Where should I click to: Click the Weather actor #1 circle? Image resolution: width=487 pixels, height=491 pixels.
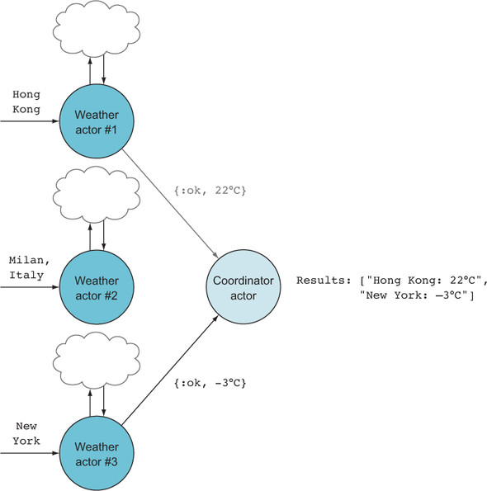(97, 121)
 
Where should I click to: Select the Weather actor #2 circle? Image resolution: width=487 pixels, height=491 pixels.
(97, 287)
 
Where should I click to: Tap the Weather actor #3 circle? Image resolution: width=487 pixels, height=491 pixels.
(97, 453)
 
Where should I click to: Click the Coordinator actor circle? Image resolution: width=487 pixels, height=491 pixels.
(243, 287)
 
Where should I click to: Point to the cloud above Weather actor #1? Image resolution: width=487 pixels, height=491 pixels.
(97, 29)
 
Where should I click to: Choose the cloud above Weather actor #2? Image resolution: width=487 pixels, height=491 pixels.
(97, 195)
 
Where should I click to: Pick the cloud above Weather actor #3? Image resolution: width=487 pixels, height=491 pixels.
(97, 361)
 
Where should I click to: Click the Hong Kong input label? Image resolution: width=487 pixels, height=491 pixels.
(26, 102)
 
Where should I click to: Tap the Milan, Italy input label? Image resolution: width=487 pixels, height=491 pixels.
(29, 267)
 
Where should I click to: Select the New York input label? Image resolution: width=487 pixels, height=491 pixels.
(26, 434)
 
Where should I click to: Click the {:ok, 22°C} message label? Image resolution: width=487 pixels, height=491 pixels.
(210, 191)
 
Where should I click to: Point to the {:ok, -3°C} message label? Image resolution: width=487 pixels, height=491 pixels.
(210, 383)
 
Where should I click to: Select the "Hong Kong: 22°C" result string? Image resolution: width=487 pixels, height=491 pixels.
(423, 281)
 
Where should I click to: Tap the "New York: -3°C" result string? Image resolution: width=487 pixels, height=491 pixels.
(414, 295)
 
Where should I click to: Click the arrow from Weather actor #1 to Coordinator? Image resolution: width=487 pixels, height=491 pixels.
(170, 204)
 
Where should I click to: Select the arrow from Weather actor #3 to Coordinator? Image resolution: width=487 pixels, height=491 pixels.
(170, 371)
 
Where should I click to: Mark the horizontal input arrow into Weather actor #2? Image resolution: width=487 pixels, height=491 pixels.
(30, 287)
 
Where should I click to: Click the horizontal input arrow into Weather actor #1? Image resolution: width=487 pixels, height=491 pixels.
(30, 121)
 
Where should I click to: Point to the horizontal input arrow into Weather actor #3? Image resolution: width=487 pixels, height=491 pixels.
(30, 453)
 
